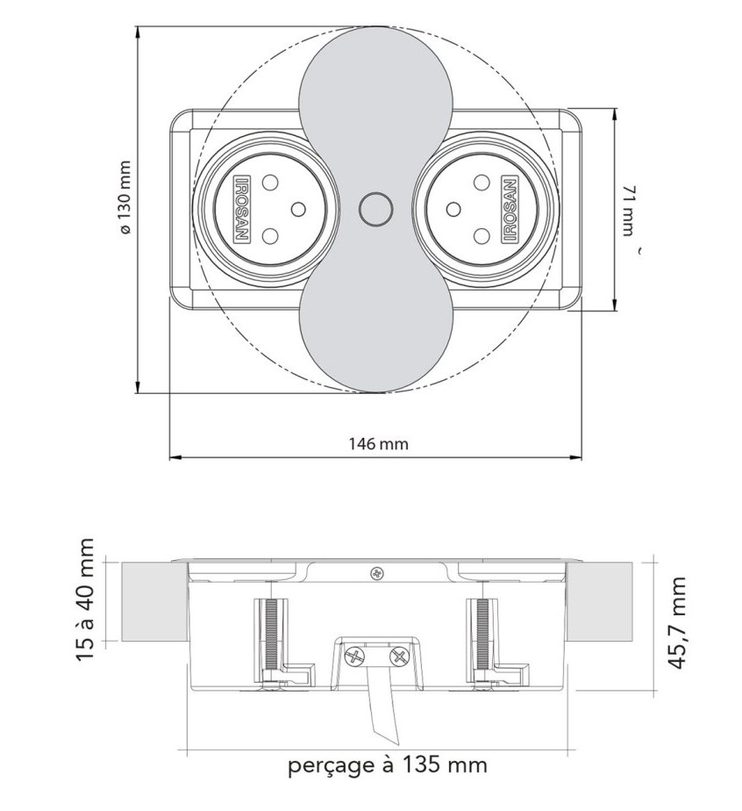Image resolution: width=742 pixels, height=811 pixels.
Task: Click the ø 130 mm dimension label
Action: point(125,197)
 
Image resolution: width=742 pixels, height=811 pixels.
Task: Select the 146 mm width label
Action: point(378,444)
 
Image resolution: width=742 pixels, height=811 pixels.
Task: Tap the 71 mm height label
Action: point(627,210)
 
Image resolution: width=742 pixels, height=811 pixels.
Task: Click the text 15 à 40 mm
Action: point(85,600)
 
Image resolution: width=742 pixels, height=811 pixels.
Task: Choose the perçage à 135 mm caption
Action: point(387,764)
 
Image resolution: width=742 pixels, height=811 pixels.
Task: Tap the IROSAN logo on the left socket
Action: point(242,209)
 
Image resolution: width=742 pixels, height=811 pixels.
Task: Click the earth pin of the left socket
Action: point(298,209)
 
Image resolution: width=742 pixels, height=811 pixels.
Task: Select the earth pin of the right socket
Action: point(453,209)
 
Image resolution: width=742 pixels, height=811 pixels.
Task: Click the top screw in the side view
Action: point(377,573)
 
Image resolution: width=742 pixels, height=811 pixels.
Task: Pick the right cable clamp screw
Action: point(398,658)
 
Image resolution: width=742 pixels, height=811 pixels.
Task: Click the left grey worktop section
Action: point(155,602)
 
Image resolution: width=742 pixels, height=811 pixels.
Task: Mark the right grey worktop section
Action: point(599,602)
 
